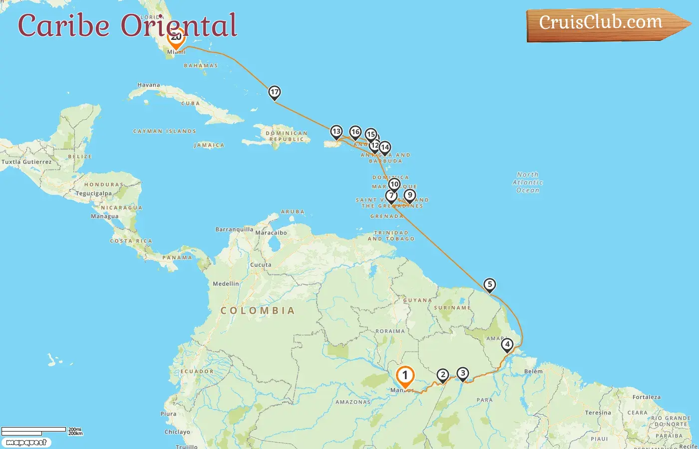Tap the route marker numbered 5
489,285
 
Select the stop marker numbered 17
274,92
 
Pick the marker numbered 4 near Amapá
507,345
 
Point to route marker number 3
463,374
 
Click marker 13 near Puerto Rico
336,132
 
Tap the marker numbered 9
409,196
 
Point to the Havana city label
149,85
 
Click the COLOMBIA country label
258,310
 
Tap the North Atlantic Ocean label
528,182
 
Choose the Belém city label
533,371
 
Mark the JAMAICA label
209,145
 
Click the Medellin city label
226,283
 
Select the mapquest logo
26,442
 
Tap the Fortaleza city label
646,397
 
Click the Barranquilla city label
234,229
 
